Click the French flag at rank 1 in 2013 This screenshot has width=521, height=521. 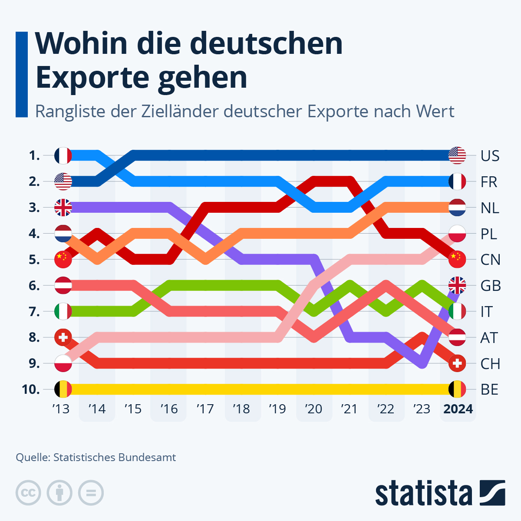tap(63, 155)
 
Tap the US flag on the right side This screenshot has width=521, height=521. tap(457, 155)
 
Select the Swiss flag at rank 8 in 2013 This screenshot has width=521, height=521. tap(63, 337)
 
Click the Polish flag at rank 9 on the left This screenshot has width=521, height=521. tap(63, 363)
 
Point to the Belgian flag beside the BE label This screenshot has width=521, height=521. tap(457, 389)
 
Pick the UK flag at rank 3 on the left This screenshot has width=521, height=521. tap(63, 208)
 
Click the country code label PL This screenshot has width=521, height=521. tap(489, 234)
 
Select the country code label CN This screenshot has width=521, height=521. tap(490, 260)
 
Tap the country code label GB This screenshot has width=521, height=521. tap(491, 286)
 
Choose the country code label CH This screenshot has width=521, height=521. tap(490, 364)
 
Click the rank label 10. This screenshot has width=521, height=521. tap(30, 389)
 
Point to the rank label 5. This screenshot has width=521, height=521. tap(34, 260)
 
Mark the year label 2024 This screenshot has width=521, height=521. tap(458, 409)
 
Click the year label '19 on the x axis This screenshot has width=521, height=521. tap(277, 409)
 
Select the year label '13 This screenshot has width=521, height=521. tap(61, 409)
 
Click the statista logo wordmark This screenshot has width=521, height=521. tap(423, 494)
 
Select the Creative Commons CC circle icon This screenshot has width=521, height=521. tap(28, 493)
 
